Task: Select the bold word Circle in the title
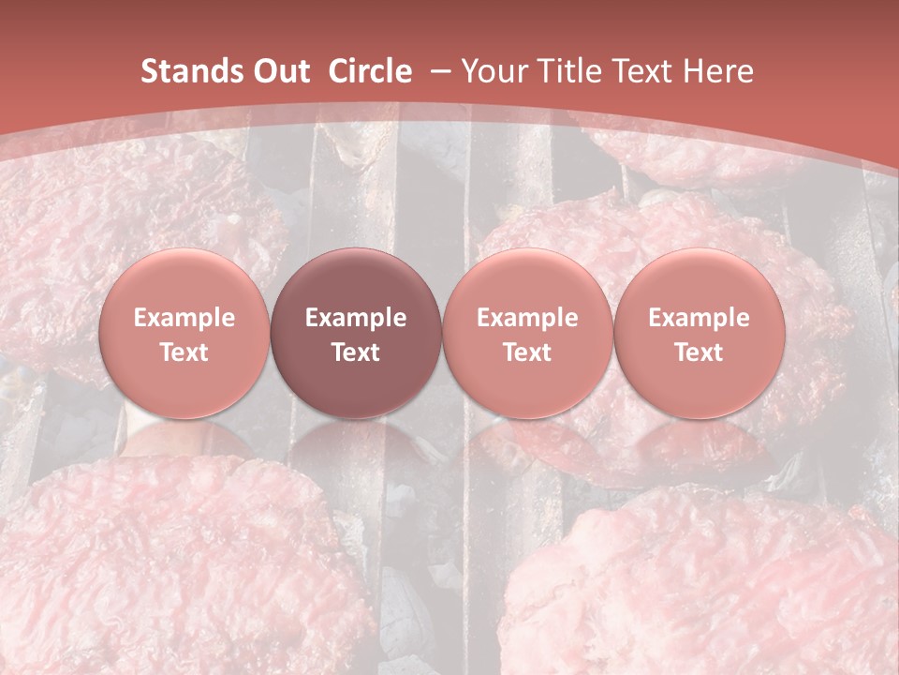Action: (x=370, y=71)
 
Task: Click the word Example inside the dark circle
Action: (x=356, y=318)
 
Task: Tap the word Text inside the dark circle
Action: (x=356, y=352)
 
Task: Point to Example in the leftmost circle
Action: (x=184, y=318)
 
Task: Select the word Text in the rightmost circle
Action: (x=699, y=352)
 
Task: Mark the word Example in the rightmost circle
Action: (x=699, y=318)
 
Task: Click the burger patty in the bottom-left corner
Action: (x=169, y=572)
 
